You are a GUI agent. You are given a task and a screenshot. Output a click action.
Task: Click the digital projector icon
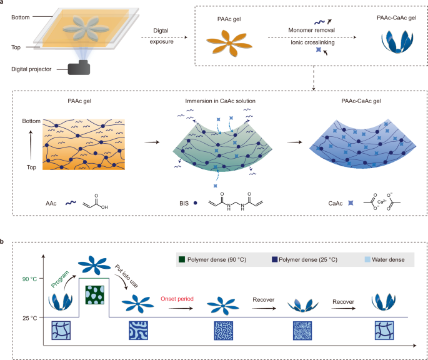[x=79, y=66]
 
